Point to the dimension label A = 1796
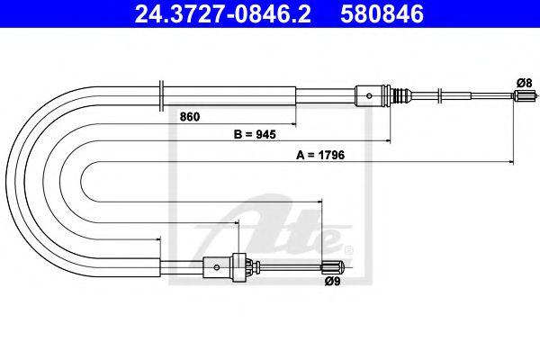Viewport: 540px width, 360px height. (321, 154)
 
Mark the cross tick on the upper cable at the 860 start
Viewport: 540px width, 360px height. (160, 93)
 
